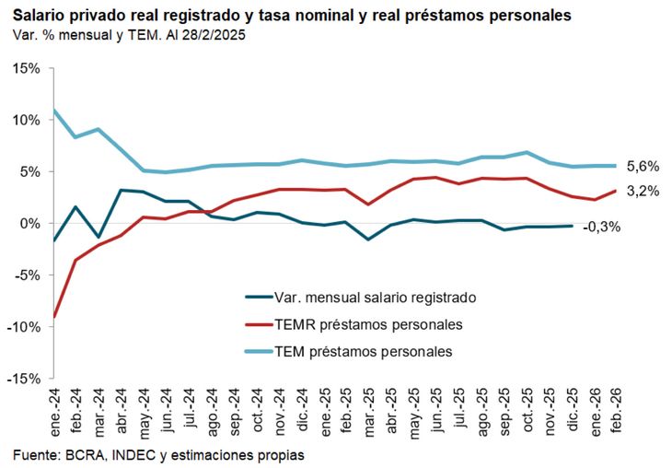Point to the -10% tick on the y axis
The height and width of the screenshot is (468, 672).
25,326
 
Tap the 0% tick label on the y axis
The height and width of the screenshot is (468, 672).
30,223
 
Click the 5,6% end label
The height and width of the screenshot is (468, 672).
643,166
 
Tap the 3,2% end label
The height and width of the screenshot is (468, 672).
643,192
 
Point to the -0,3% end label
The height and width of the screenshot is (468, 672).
601,227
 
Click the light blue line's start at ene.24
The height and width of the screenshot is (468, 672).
55,111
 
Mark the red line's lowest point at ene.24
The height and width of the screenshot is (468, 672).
55,316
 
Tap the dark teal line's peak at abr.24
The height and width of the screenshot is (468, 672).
122,191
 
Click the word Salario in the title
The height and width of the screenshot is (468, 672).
39,16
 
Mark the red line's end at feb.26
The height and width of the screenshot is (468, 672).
615,191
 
